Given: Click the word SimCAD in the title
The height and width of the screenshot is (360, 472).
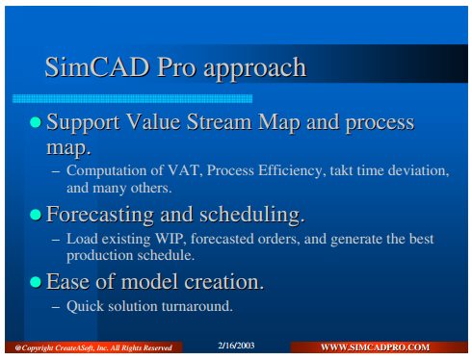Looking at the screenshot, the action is (x=97, y=67).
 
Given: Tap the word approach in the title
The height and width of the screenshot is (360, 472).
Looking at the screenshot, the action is (x=255, y=69).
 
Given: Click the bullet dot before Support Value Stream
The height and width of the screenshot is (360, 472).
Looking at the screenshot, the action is (x=36, y=122).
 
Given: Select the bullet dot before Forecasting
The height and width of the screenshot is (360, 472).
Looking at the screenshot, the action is (x=36, y=215).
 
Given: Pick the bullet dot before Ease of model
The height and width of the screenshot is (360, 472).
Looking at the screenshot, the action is (x=36, y=282).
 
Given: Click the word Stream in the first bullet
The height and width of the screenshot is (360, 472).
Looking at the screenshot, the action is (x=220, y=122).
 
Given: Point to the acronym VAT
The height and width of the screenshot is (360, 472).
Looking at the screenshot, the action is (x=184, y=170).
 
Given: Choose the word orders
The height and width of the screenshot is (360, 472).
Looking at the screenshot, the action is (x=278, y=240).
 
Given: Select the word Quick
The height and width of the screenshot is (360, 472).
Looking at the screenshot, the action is (x=85, y=306).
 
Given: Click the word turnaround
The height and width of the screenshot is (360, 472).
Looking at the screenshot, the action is (x=197, y=306).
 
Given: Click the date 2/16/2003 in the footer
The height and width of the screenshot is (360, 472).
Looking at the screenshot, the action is (x=236, y=346).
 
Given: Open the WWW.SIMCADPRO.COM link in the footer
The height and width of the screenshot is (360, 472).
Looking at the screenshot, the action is (x=375, y=347).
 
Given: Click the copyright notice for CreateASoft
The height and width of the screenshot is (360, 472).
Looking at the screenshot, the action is (x=93, y=347).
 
